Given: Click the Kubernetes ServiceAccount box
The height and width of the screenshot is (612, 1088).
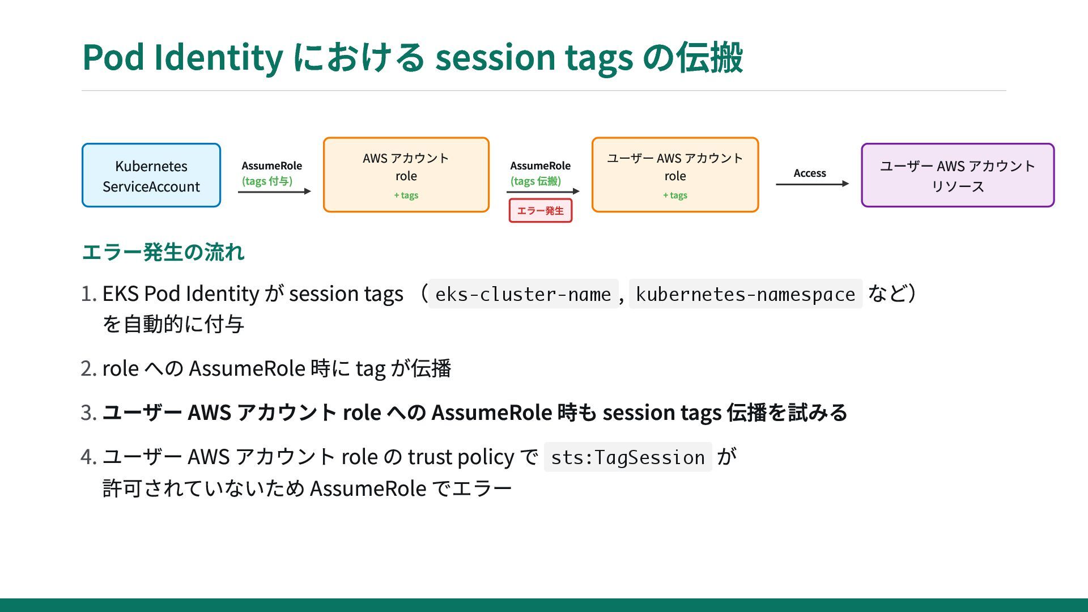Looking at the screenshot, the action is [151, 175].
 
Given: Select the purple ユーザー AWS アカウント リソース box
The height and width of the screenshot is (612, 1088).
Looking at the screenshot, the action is [958, 175].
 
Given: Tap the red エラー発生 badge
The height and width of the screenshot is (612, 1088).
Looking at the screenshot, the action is [541, 211].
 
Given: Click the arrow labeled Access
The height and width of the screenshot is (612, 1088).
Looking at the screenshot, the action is [813, 184].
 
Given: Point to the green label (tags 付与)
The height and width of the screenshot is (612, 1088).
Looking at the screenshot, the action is [267, 181].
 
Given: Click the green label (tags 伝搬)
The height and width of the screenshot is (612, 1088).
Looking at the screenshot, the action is [535, 181].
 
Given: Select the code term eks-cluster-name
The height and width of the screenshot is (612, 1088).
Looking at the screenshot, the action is [523, 294].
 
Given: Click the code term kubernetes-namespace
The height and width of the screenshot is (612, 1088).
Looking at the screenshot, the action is [745, 294].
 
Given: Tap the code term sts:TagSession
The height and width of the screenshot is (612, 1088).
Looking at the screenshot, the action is [628, 457].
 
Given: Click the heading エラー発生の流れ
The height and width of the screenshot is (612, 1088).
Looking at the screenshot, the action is [163, 252].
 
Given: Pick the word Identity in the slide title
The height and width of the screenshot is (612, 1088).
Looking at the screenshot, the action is [218, 58].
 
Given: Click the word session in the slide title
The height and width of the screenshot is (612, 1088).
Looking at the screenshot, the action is [495, 58].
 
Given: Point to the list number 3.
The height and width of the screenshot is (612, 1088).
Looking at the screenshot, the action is [89, 413].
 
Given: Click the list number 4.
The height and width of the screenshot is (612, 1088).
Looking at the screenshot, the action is [89, 457].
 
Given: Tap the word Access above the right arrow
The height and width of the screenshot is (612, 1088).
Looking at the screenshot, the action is [810, 173].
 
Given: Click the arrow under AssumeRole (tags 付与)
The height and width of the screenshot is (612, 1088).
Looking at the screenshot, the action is [275, 192].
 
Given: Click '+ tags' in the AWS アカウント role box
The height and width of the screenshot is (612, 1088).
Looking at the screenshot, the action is [406, 195].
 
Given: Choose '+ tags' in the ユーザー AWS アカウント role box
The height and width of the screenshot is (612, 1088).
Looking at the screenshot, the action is [675, 195].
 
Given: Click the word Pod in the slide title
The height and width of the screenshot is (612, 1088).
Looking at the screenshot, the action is [113, 58].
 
